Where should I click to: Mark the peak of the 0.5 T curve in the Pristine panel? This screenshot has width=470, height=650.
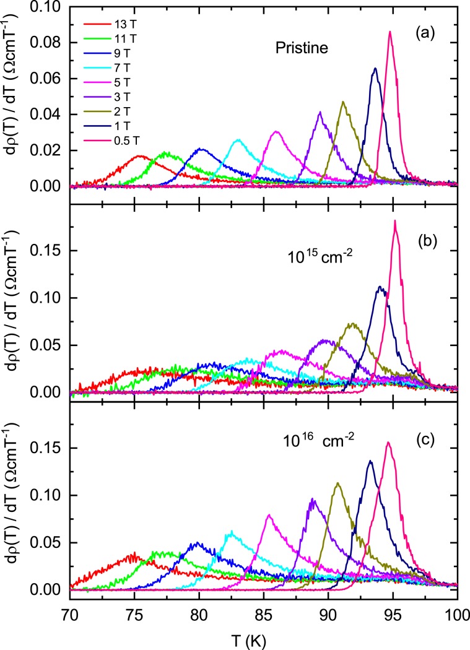(390, 32)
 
